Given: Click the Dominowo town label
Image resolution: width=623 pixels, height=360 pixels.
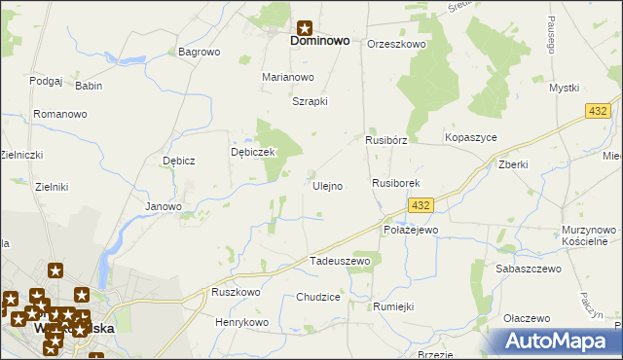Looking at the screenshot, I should [x=320, y=42].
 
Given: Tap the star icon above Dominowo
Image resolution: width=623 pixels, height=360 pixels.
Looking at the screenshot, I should [x=304, y=28].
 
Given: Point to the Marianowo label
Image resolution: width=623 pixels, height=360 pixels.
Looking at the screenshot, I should [x=288, y=77].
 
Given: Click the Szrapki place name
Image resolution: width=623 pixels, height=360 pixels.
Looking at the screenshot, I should [x=310, y=100].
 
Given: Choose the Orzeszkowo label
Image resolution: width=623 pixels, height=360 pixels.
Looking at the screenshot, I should [x=396, y=44].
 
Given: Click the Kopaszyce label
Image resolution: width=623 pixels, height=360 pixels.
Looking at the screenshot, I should [x=471, y=138].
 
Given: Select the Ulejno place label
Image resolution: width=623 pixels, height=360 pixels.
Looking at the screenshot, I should [x=327, y=185].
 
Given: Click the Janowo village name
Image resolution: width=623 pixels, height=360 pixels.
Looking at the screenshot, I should [x=164, y=206].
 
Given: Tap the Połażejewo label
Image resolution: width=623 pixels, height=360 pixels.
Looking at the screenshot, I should [x=411, y=230].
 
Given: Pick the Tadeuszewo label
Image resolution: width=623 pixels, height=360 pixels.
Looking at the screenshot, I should [x=340, y=261].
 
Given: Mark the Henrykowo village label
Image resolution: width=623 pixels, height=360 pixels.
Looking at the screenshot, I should [x=241, y=322].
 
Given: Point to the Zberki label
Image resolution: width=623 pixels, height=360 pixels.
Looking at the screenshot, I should [x=512, y=164].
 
